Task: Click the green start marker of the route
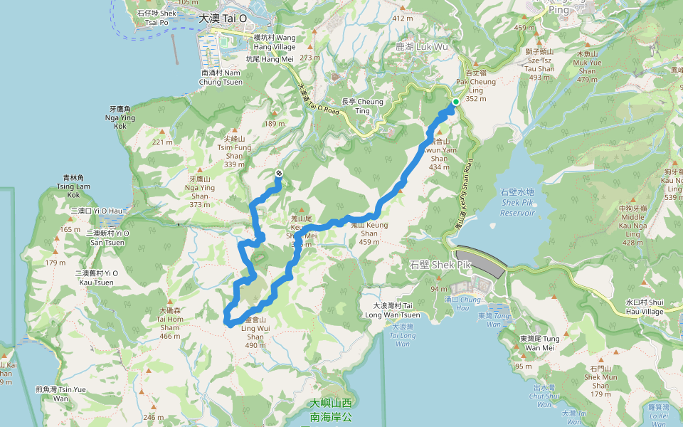click(x=455, y=102)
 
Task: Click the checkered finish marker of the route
click(x=279, y=174)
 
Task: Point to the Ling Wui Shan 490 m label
click(x=254, y=333)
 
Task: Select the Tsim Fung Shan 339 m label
click(x=234, y=151)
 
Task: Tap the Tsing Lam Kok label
click(x=75, y=186)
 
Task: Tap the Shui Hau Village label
click(x=644, y=306)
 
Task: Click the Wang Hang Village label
click(x=275, y=41)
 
